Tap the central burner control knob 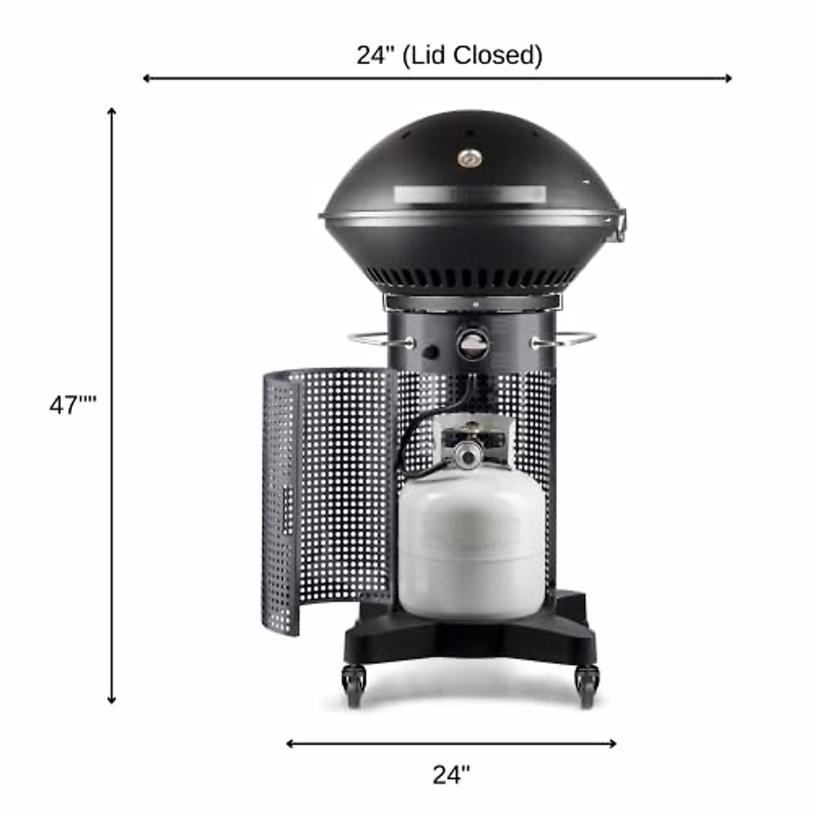tap(472, 343)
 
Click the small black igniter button tap(430, 352)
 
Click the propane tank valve tap(467, 452)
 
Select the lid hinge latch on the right tap(620, 226)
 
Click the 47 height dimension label tap(72, 405)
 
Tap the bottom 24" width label tap(451, 774)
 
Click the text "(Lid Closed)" tap(472, 55)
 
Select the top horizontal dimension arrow tap(437, 79)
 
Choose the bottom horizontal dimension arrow tap(451, 743)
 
